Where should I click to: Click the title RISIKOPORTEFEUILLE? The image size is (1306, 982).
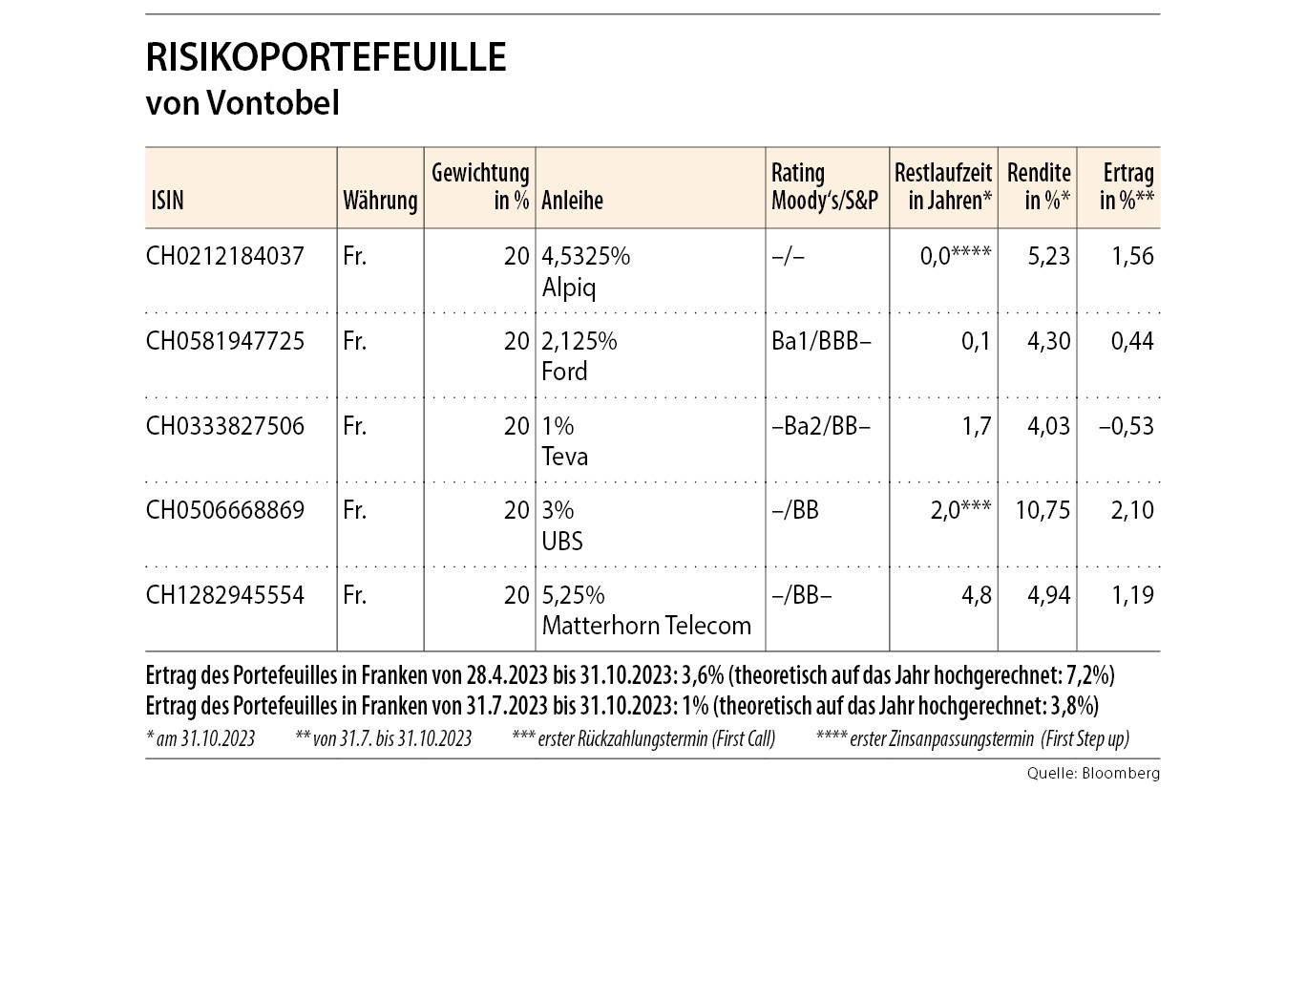click(x=326, y=57)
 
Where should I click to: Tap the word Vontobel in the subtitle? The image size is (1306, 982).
click(x=272, y=102)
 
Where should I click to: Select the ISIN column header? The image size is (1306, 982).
click(x=167, y=201)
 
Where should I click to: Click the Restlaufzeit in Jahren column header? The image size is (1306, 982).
click(x=942, y=187)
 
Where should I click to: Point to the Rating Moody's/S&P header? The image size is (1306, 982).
click(x=824, y=187)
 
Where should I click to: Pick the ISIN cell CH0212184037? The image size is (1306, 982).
click(x=224, y=256)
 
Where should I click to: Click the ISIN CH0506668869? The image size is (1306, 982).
click(x=224, y=510)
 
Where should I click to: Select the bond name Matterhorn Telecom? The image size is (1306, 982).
click(x=646, y=626)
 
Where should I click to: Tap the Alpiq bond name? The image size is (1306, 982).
click(x=568, y=288)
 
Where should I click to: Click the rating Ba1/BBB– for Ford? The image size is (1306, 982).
click(x=821, y=341)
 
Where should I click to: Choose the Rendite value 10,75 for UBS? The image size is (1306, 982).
click(x=1043, y=510)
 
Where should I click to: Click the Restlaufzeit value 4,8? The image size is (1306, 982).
click(x=977, y=595)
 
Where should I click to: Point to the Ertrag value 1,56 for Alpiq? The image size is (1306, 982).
click(x=1132, y=256)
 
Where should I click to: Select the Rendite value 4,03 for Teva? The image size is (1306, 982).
click(x=1048, y=426)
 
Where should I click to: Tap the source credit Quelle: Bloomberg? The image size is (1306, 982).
click(x=1093, y=774)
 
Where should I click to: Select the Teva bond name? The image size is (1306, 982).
click(x=564, y=457)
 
